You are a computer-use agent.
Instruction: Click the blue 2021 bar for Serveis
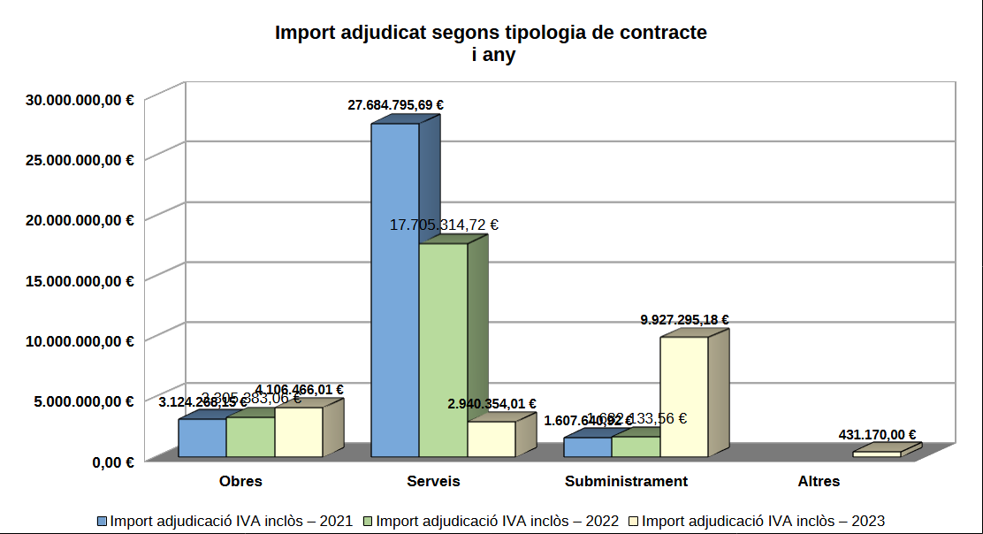coord(394,292)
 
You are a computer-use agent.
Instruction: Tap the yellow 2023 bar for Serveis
coord(491,439)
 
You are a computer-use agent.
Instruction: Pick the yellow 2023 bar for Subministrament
coord(683,398)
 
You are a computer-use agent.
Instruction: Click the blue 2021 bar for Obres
coord(202,439)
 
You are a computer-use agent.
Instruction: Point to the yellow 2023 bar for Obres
coord(298,432)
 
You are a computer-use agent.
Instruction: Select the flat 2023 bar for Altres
coord(876,454)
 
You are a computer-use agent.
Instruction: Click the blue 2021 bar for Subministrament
coord(587,447)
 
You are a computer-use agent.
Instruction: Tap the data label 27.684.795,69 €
coord(395,105)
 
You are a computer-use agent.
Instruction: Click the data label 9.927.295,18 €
coord(684,319)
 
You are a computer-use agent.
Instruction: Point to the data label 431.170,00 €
coord(877,434)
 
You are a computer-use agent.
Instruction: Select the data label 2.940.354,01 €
coord(492,404)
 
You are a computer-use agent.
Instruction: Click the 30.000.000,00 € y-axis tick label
coord(80,100)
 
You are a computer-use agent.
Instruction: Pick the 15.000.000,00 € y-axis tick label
coord(80,281)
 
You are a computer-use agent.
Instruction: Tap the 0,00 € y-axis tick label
coord(113,462)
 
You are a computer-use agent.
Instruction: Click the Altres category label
coord(819,482)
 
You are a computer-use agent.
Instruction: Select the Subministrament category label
coord(626,482)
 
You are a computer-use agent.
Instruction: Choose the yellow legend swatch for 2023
coord(633,521)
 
